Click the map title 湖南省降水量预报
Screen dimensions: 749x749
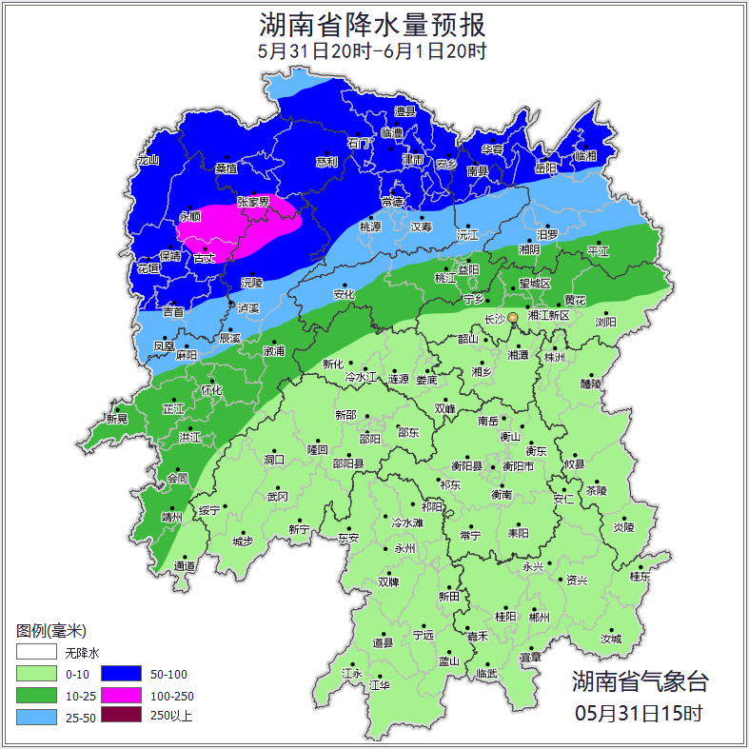click(373, 23)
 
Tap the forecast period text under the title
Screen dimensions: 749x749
click(373, 50)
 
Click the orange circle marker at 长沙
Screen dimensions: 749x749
click(513, 317)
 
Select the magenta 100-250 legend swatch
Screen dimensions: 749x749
click(121, 694)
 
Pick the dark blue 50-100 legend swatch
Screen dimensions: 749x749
click(121, 673)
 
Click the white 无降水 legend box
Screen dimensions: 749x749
click(35, 652)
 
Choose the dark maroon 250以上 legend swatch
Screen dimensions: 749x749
click(121, 715)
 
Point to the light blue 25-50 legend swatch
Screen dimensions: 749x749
click(35, 716)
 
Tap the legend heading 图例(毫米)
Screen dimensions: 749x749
click(51, 630)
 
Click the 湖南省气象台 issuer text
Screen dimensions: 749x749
click(640, 681)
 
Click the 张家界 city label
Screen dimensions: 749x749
click(253, 203)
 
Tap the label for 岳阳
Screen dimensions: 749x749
click(545, 168)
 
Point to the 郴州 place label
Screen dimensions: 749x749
click(540, 617)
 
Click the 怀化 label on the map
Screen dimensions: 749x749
click(211, 390)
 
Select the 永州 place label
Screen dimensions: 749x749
click(404, 549)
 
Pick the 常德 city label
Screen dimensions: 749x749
click(392, 202)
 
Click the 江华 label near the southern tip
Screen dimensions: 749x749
click(381, 685)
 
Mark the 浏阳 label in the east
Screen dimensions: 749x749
click(605, 323)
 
